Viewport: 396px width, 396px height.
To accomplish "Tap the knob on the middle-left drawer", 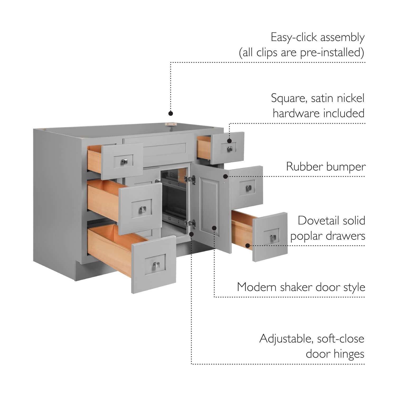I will point(143,210).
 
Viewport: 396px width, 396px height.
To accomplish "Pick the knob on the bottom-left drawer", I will point(156,265).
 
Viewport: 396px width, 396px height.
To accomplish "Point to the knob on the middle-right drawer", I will point(248,188).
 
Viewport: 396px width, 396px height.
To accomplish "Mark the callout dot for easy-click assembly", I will point(171,113).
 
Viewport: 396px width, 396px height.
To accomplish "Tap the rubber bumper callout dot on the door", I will point(225,176).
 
